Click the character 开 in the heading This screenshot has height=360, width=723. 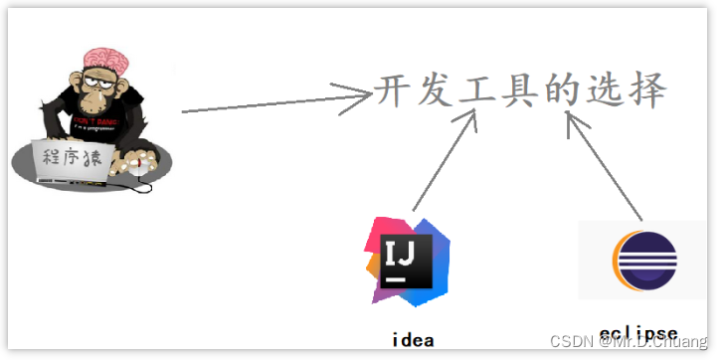395,91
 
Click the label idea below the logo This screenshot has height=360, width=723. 411,339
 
